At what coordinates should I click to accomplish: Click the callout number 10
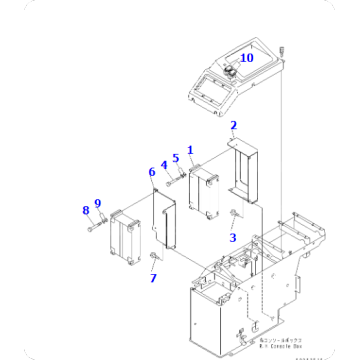coord(246,58)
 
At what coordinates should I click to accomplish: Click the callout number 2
coord(233,125)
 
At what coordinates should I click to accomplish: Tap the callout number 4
coord(164,165)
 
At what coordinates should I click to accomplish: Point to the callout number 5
coord(175,157)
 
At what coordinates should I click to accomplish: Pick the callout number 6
coord(151,172)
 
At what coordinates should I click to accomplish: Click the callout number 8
coord(98,205)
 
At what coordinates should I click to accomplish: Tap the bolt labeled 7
coord(152,257)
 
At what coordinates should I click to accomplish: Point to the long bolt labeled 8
coord(95,226)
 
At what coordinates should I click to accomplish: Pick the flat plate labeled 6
coord(165,218)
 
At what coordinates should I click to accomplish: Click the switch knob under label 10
coord(229,71)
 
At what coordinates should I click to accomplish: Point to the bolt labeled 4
coord(169,181)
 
